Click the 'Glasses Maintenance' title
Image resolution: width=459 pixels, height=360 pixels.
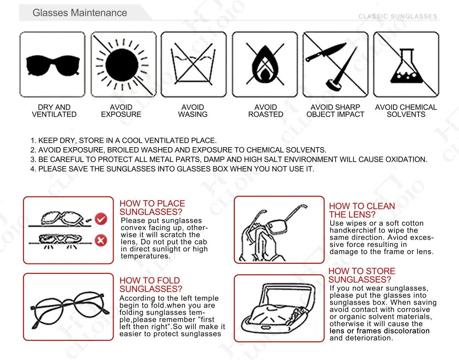pos(80,13)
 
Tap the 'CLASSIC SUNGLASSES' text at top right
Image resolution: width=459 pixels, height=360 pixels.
pos(398,17)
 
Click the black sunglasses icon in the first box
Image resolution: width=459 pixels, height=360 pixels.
pos(52,65)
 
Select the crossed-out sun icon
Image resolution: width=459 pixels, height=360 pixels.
pos(122,65)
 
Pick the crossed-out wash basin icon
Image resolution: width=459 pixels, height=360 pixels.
pos(193,64)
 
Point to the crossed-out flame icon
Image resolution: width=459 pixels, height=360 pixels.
pos(265,65)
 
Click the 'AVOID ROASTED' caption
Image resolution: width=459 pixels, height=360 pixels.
pos(265,111)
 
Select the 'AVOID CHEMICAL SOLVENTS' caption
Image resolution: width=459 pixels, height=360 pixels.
pos(406,111)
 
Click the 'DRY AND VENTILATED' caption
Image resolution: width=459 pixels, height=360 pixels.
pos(54,111)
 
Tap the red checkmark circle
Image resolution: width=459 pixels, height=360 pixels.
pos(101,219)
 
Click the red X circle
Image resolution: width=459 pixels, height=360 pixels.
pos(101,240)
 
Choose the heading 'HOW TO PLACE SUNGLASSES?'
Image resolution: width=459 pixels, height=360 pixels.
pos(152,207)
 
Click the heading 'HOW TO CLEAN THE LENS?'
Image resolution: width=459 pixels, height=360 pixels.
pos(362,210)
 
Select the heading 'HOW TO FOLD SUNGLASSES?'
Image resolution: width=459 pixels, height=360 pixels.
pos(151,285)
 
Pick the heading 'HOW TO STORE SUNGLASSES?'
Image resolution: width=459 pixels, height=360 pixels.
pos(361,275)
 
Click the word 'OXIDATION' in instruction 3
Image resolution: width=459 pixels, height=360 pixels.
pos(406,159)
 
